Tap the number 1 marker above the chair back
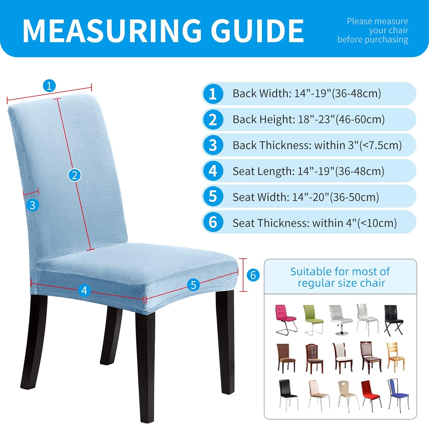point(49,86)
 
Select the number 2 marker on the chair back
point(74,175)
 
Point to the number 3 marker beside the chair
point(32,205)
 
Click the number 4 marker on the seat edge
point(84,290)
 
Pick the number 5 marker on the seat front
point(193,285)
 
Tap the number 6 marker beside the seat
point(253,275)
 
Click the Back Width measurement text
point(307,94)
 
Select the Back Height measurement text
point(309,119)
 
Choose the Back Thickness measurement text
point(317,145)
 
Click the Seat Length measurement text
point(308,171)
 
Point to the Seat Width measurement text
point(306,197)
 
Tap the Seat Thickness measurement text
point(315,223)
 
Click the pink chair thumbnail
point(285,320)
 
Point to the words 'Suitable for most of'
point(340,271)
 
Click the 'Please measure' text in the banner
point(377,21)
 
